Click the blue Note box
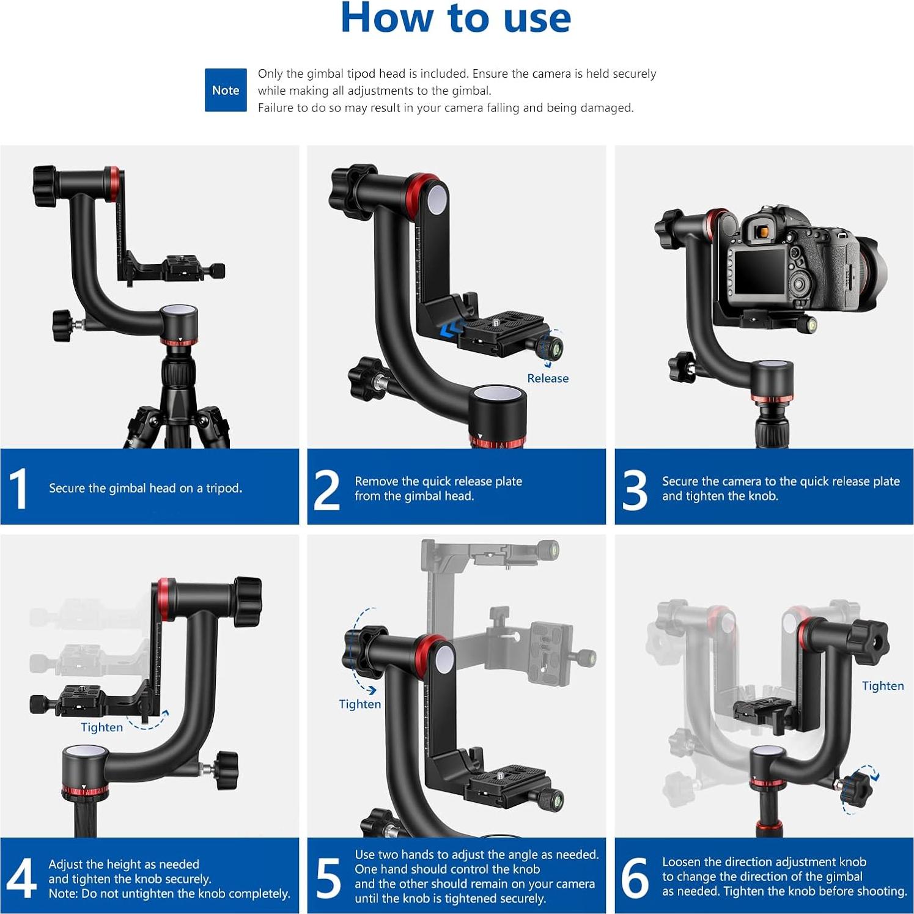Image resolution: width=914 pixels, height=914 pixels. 226,90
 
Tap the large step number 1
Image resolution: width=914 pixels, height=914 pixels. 19,488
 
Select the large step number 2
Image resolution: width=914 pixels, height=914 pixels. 326,489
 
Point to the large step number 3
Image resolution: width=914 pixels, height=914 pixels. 635,489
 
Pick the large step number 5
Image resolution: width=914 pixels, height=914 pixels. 328,878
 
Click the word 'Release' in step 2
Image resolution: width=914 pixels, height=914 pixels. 548,378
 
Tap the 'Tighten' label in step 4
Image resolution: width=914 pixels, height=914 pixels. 101,728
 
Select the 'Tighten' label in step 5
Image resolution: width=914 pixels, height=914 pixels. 359,704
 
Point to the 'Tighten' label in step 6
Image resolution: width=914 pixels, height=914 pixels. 883,686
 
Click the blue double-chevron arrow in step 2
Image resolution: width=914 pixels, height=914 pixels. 451,330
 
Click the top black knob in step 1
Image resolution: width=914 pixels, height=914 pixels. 45,186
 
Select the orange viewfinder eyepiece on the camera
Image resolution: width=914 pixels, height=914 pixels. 762,232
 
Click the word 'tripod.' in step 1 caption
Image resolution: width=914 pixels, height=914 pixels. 224,488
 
